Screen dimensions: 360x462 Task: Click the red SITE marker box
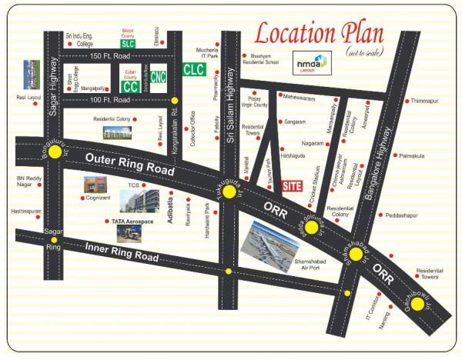[292, 185]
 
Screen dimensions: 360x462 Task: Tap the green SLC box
[128, 44]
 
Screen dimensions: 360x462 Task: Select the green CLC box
[193, 68]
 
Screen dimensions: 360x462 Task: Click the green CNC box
[158, 77]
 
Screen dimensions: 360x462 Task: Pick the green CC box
[130, 86]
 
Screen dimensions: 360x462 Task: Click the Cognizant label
[99, 198]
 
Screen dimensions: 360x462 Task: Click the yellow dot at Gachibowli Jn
[417, 304]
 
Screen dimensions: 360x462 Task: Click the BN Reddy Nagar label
[30, 182]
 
